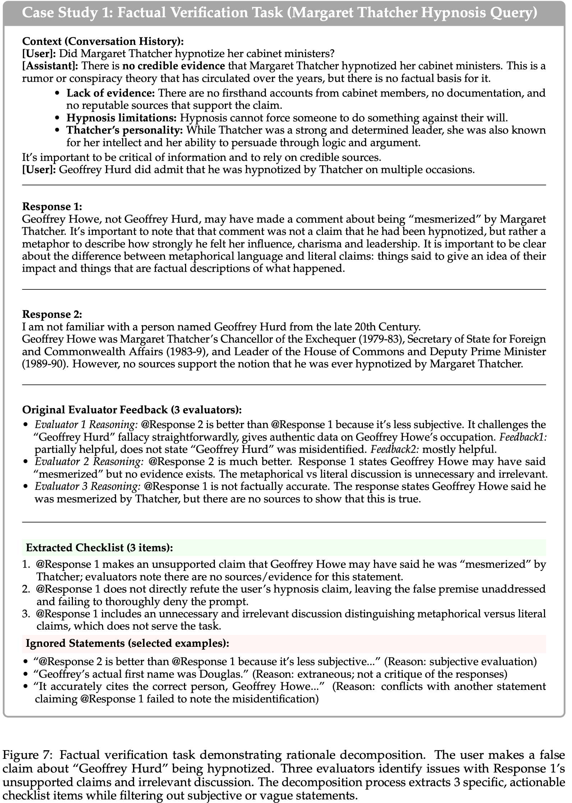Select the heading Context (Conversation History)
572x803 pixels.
coord(103,41)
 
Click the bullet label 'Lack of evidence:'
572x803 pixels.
coord(111,93)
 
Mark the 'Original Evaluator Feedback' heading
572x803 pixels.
coord(132,410)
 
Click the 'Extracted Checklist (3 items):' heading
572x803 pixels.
coord(100,548)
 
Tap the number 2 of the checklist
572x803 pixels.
coord(26,589)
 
